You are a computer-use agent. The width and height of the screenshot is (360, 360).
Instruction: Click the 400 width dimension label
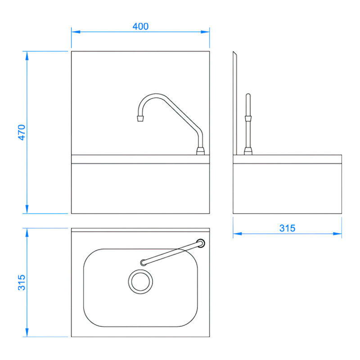point(140,27)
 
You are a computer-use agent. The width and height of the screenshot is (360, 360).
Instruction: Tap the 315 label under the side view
point(287,228)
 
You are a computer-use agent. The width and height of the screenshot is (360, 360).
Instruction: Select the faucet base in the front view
point(200,150)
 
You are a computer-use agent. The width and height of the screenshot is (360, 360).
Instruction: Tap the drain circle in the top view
point(140,281)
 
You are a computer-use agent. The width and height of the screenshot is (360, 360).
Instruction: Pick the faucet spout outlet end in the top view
point(143,262)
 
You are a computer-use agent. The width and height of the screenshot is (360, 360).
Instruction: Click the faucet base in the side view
point(247,150)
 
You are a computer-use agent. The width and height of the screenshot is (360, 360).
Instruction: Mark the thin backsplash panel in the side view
point(234,103)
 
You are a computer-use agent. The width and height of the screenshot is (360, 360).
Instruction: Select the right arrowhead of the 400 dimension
point(207,31)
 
